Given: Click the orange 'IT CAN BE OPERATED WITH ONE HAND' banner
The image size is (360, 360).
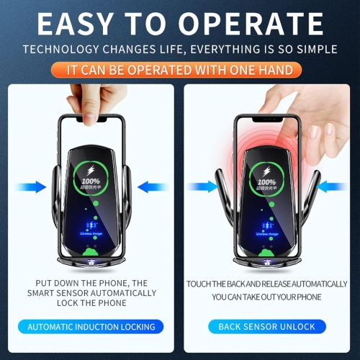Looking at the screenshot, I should click(179, 71).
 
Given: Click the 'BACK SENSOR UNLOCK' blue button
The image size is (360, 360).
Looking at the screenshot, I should click(266, 327).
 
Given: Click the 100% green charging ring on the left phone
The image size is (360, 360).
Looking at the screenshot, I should click(90, 176).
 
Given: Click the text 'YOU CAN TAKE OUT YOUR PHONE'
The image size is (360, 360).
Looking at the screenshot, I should click(266, 297).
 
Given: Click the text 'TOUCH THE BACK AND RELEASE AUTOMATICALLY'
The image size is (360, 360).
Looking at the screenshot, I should click(266, 284).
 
